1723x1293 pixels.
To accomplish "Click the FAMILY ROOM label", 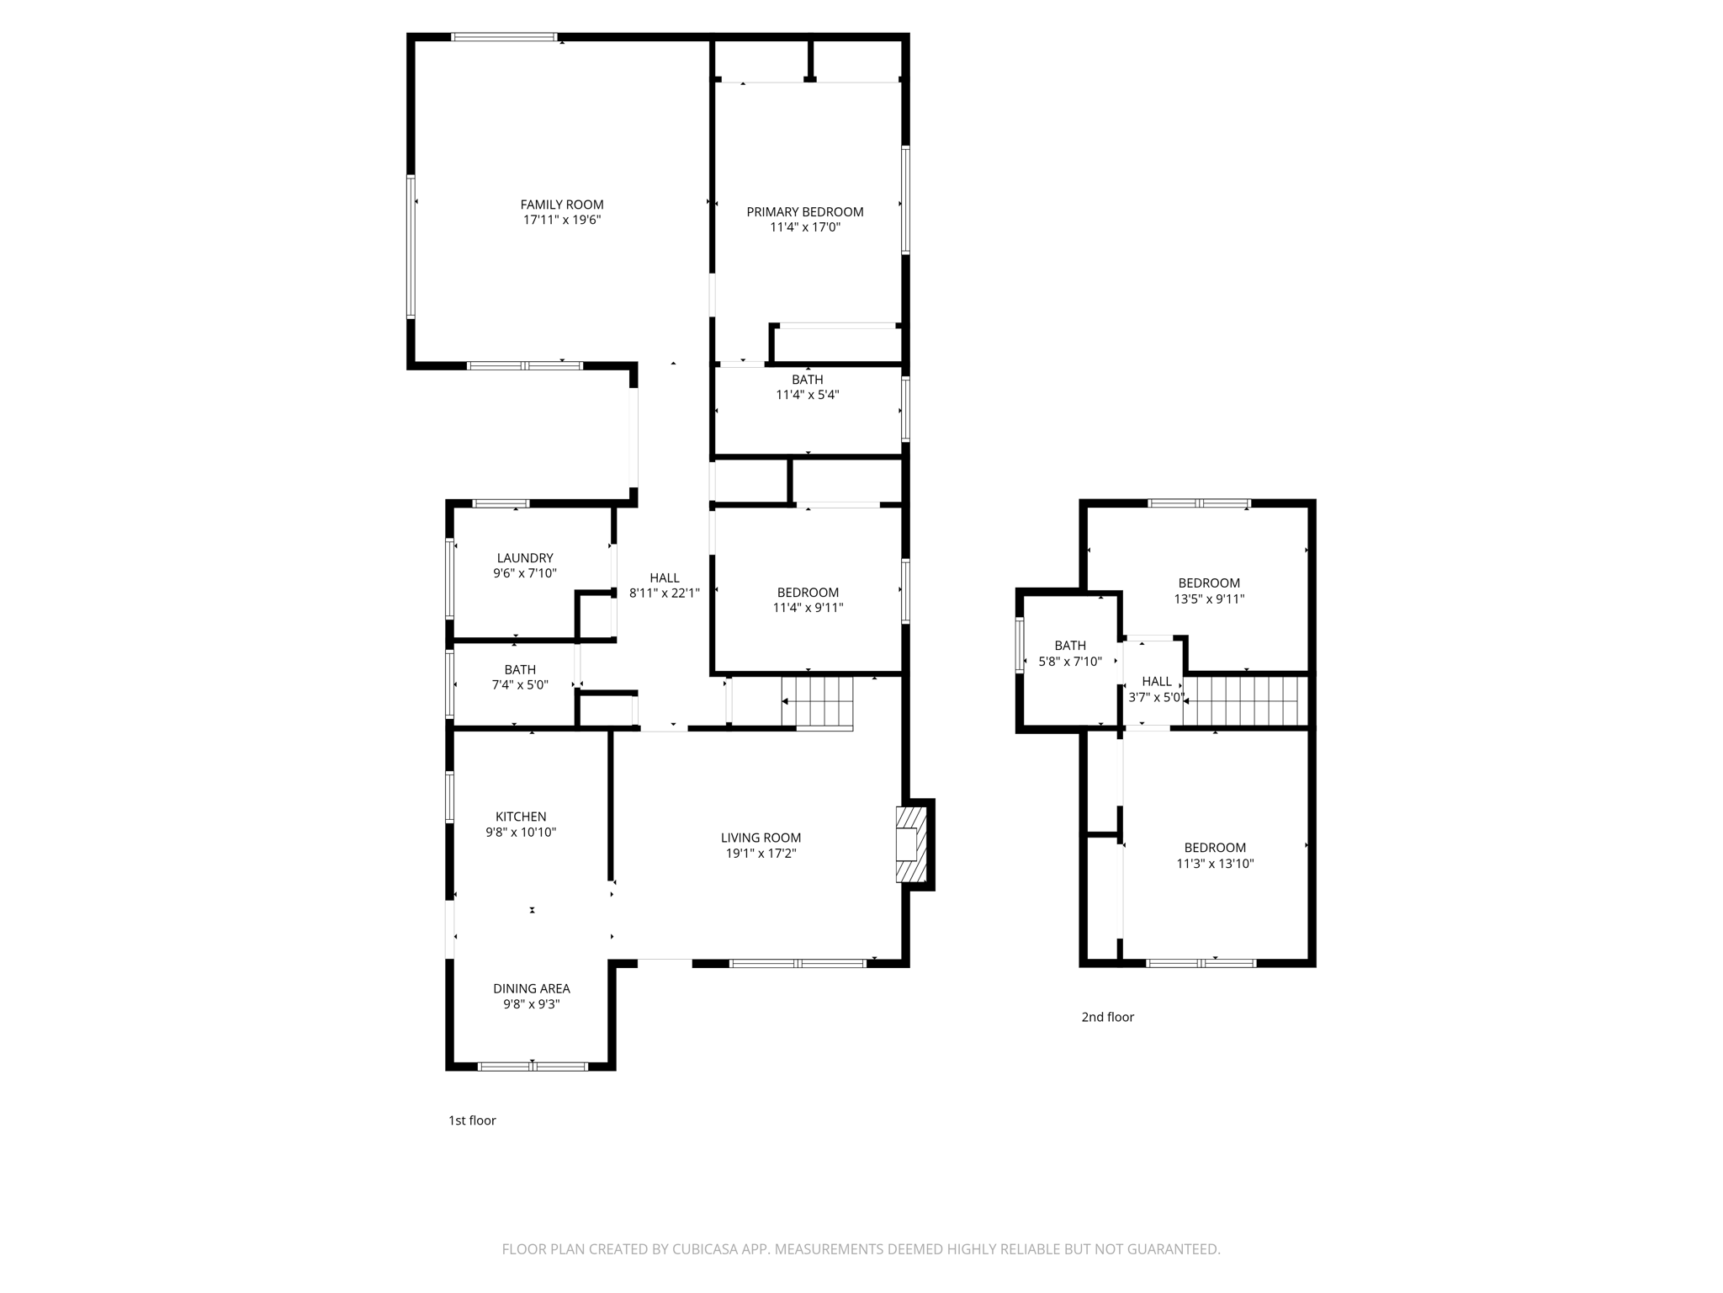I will pyautogui.click(x=561, y=205).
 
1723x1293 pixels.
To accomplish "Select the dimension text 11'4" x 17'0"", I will pyautogui.click(x=805, y=227).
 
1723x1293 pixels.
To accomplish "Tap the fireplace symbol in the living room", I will pyautogui.click(x=910, y=844).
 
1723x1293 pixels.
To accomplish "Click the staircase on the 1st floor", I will pyautogui.click(x=818, y=702).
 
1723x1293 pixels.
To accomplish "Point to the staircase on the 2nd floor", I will pyautogui.click(x=1245, y=701).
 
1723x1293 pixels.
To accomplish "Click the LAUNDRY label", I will pyautogui.click(x=525, y=558).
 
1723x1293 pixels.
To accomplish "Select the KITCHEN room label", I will pyautogui.click(x=521, y=817).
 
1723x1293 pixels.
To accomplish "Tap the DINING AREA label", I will pyautogui.click(x=531, y=988).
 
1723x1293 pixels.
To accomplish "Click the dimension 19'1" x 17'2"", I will pyautogui.click(x=761, y=854).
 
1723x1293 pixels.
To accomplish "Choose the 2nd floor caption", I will pyautogui.click(x=1107, y=1017).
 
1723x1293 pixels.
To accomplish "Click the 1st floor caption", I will pyautogui.click(x=472, y=1120).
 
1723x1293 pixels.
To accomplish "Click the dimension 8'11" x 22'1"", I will pyautogui.click(x=664, y=593).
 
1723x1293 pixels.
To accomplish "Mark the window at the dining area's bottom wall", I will pyautogui.click(x=532, y=1067).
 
